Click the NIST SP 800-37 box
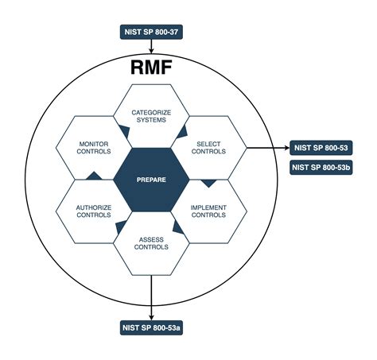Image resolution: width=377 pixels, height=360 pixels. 151,33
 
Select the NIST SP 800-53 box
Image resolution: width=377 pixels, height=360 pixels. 322,148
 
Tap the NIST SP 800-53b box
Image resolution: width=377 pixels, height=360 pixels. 322,168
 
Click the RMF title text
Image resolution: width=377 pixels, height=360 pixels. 152,67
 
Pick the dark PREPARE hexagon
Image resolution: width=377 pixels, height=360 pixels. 151,180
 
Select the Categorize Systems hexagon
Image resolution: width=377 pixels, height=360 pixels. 151,118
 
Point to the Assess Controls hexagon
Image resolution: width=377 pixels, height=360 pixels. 151,242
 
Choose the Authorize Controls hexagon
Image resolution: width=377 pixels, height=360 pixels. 93,211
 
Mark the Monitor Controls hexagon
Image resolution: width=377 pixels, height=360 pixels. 93,147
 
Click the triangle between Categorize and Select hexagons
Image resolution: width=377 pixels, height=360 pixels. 182,130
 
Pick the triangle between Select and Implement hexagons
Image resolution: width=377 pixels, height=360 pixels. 209,183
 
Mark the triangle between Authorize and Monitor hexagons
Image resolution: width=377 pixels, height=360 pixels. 93,176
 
